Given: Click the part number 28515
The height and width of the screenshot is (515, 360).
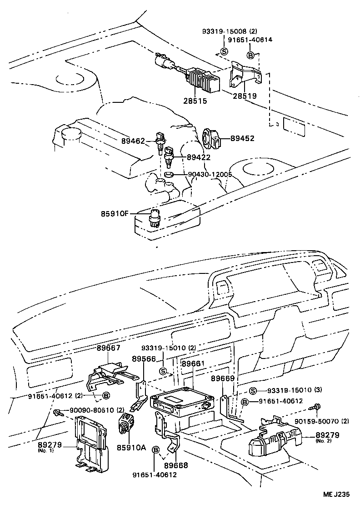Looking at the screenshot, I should tap(195, 101).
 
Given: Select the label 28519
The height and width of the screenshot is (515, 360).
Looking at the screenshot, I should tap(245, 96).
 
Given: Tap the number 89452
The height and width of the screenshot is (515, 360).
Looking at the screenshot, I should tap(242, 139).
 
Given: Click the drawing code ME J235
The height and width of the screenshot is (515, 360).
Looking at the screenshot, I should tap(336, 496).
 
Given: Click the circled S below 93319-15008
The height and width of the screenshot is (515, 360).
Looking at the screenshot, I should tap(224, 51).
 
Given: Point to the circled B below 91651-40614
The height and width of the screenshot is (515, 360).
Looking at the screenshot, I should tap(250, 55).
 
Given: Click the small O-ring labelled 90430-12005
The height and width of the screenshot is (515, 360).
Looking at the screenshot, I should tap(168, 174).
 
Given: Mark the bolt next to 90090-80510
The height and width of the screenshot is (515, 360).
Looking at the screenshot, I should tap(58, 412).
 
